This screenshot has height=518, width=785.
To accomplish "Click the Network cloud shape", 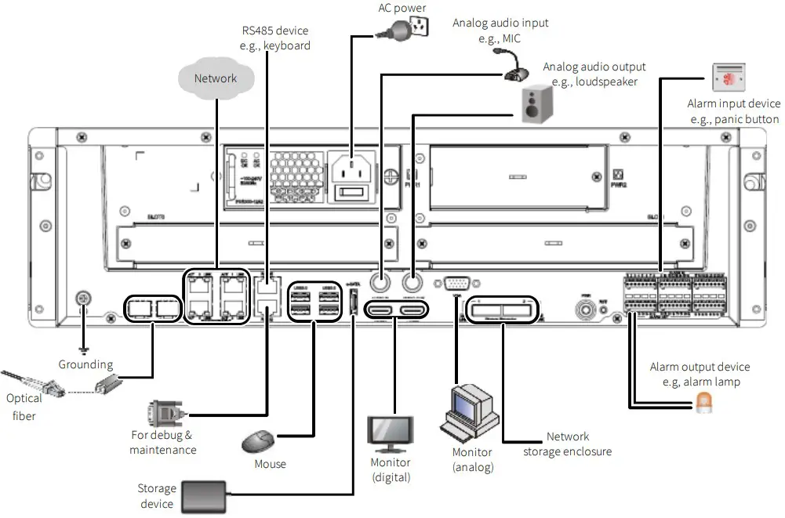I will tap(216, 78).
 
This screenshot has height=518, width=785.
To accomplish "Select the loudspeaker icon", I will tap(537, 103).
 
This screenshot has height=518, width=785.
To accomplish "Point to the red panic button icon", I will tap(729, 78).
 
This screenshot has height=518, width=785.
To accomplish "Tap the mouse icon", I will tap(259, 441).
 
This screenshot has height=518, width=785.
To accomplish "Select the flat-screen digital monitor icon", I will tap(390, 433).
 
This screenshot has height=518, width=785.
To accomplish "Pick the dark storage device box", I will tap(203, 495).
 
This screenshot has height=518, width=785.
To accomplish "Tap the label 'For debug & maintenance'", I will tap(162, 442).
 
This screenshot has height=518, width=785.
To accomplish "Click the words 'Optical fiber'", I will tap(24, 407).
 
